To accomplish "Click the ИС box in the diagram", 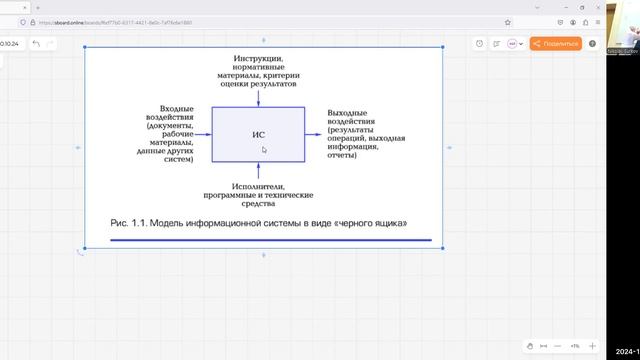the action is (258, 133).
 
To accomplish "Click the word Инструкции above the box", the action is (257, 60).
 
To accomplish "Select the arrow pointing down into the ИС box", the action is (258, 97).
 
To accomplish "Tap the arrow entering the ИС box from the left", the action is (203, 133).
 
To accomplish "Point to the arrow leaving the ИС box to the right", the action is (314, 133).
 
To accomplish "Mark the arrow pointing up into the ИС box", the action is (258, 171).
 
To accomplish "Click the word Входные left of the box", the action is (176, 108).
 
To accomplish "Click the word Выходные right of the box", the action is (347, 113).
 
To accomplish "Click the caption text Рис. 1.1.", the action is (128, 222).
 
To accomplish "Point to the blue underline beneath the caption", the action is (270, 240).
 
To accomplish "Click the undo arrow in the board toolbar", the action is (37, 44).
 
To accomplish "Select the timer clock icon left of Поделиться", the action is (480, 44).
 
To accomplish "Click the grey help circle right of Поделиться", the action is (593, 44).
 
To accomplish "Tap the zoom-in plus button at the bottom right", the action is (592, 345).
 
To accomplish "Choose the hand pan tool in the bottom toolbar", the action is (531, 345).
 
